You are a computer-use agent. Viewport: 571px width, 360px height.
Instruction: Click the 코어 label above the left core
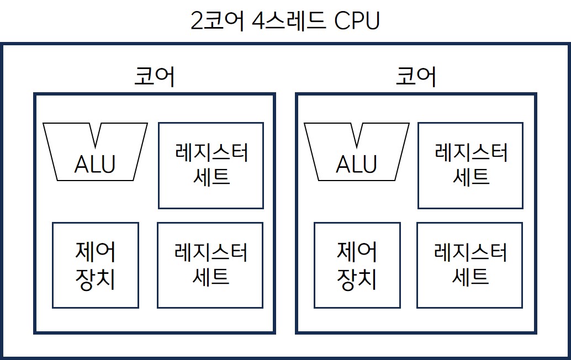(x=154, y=77)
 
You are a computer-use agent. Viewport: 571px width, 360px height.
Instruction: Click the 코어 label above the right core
(x=416, y=77)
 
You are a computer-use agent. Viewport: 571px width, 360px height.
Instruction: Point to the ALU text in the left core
(x=95, y=164)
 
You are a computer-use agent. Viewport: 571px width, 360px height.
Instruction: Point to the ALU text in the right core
(x=357, y=164)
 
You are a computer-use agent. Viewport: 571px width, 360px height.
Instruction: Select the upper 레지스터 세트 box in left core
(x=210, y=165)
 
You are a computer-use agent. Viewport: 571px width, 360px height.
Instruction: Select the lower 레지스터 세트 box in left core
(x=209, y=265)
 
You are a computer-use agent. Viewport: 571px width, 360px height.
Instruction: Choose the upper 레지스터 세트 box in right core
(x=470, y=165)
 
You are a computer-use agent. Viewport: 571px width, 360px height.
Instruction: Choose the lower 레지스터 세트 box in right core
(x=469, y=265)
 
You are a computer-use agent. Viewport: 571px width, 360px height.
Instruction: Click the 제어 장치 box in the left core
(x=95, y=265)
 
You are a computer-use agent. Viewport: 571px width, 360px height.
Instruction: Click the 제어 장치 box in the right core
(x=357, y=265)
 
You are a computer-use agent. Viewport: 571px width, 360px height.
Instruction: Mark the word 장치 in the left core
(x=95, y=279)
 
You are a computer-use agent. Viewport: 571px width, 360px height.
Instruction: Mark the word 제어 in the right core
(x=357, y=252)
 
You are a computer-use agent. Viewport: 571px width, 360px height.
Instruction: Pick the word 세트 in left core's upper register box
(x=210, y=177)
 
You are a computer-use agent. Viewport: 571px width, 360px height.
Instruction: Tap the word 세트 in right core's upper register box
(x=470, y=177)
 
